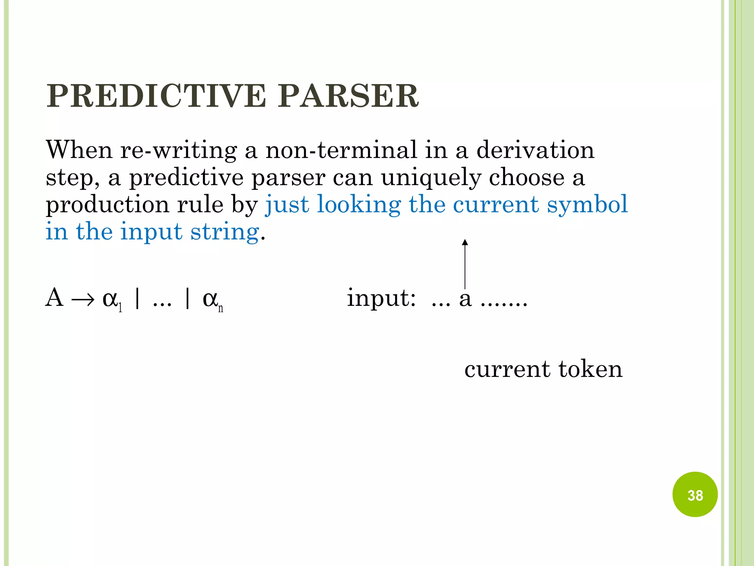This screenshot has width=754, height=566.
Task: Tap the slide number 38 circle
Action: [x=695, y=495]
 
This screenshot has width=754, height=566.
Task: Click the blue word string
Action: [x=225, y=232]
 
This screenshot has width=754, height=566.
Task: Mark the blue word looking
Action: [x=359, y=205]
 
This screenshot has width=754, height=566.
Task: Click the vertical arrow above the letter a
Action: [x=465, y=264]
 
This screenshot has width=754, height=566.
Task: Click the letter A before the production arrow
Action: [x=54, y=297]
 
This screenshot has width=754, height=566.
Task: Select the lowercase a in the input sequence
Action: [x=465, y=299]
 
